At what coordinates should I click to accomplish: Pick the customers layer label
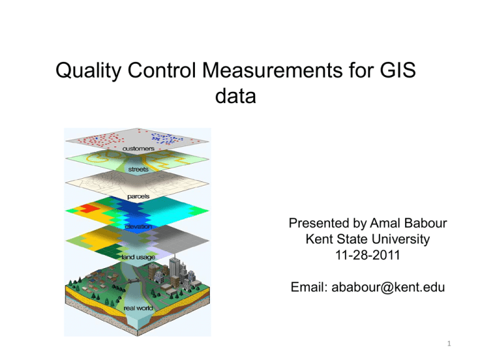point(139,149)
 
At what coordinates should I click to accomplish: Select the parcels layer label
point(138,197)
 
